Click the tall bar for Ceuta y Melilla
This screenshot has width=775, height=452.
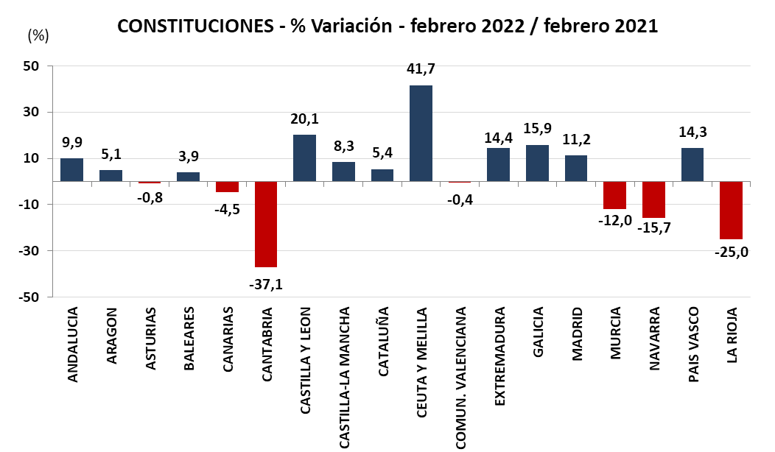point(421,133)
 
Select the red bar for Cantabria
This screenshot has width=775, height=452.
point(265,224)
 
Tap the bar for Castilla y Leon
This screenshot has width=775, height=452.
point(304,158)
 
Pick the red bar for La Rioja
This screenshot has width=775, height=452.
point(731,210)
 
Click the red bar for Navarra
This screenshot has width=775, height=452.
point(653,199)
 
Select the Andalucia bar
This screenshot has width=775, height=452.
point(71,169)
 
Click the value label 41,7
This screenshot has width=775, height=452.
point(421,69)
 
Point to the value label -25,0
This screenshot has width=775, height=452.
point(731,253)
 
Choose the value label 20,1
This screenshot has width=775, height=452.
point(304,119)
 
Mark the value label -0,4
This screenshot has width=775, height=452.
point(460,198)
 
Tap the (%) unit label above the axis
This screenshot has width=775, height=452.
point(38,35)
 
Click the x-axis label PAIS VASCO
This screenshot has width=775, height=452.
point(692,344)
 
